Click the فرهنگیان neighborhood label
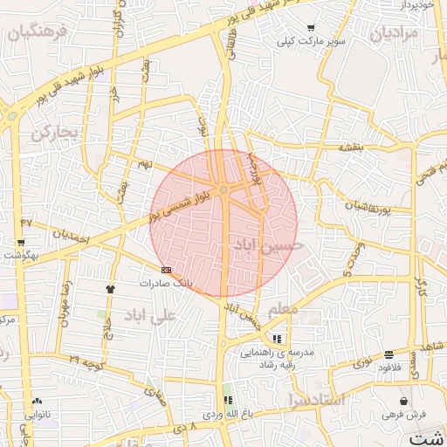[36, 34]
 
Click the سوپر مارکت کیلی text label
[312, 41]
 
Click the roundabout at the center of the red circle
[224, 189]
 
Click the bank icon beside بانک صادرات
[166, 270]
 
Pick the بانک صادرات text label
[165, 284]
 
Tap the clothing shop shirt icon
[110, 288]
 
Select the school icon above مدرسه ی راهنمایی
[277, 338]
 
